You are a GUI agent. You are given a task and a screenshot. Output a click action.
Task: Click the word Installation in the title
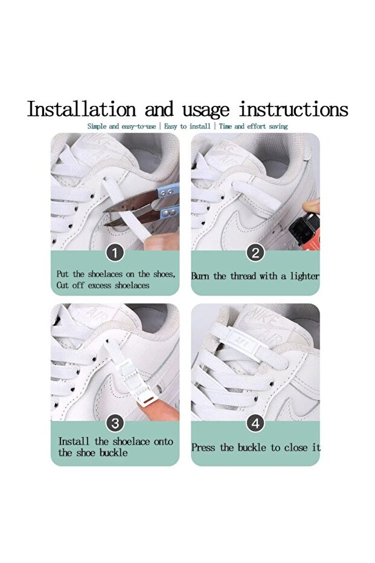tap(82, 109)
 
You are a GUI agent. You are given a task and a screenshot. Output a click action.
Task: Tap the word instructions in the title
tap(293, 109)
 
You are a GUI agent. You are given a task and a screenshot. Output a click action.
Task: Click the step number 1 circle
tap(115, 253)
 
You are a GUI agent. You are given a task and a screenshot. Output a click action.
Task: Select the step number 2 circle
tap(255, 253)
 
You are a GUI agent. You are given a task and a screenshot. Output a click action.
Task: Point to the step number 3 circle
tap(115, 424)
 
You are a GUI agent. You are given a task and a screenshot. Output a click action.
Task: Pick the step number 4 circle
tap(255, 424)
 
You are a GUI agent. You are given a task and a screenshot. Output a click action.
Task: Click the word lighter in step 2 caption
tap(304, 276)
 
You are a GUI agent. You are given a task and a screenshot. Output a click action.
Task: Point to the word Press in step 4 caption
tap(204, 447)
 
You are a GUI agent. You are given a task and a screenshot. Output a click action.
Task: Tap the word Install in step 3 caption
tap(74, 441)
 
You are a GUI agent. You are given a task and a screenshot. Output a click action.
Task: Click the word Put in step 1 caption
tap(62, 274)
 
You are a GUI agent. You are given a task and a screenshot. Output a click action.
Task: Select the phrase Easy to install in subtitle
tap(187, 126)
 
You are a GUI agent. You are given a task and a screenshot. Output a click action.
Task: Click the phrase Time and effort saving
tap(253, 126)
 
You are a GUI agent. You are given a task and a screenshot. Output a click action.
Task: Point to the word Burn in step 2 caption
tap(200, 276)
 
